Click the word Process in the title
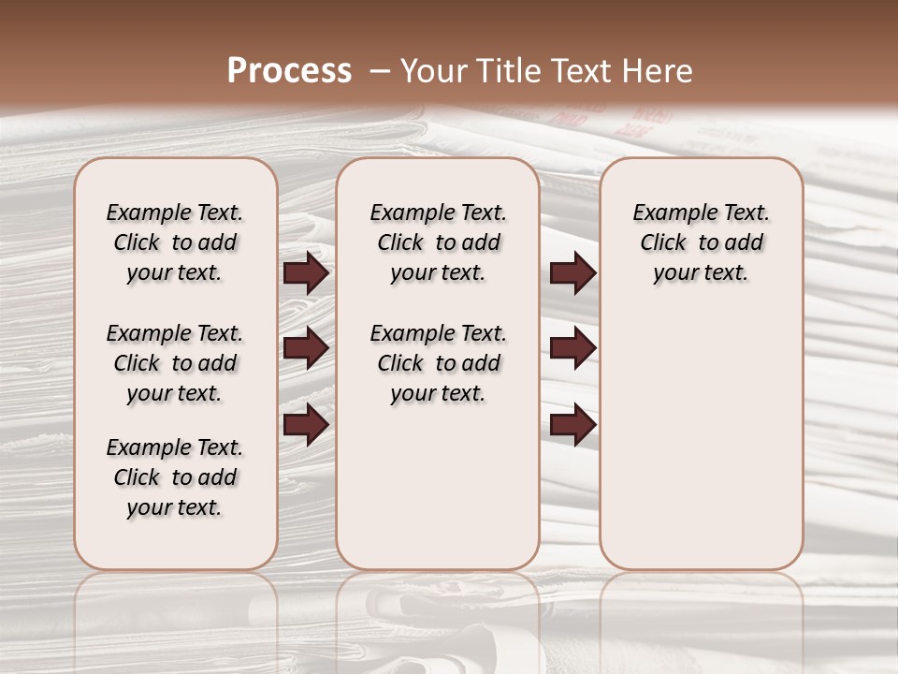(x=289, y=71)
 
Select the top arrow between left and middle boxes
(x=306, y=273)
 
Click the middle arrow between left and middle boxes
(x=306, y=348)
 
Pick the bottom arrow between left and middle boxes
(x=306, y=424)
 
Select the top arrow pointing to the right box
(x=572, y=273)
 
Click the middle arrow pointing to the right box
(x=572, y=348)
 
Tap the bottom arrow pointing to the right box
(x=572, y=424)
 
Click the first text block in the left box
(x=175, y=242)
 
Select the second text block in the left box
(x=175, y=363)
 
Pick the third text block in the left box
(x=175, y=477)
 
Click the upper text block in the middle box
(x=438, y=242)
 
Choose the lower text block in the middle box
(x=438, y=363)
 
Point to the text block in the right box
(x=701, y=242)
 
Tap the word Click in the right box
(x=663, y=242)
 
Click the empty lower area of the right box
(x=701, y=431)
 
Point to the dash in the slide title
(x=379, y=71)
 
